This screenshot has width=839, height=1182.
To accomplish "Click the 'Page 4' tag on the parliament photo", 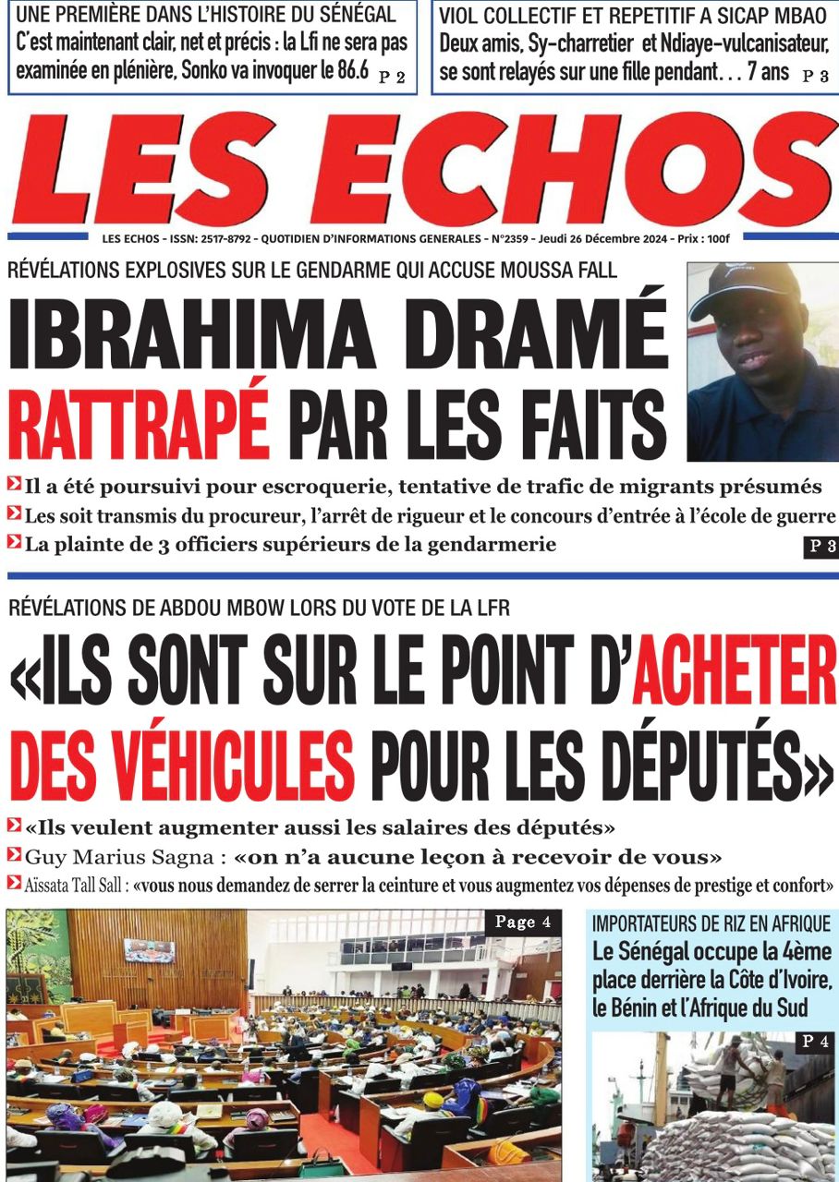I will pos(522,922).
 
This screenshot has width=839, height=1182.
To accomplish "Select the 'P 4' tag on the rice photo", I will pos(814,1042).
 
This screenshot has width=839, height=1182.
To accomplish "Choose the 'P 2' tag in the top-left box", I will pos(392,78).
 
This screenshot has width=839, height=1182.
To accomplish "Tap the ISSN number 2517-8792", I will pos(222,239).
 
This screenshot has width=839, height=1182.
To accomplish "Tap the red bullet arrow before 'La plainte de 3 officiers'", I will pos(14,543).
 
